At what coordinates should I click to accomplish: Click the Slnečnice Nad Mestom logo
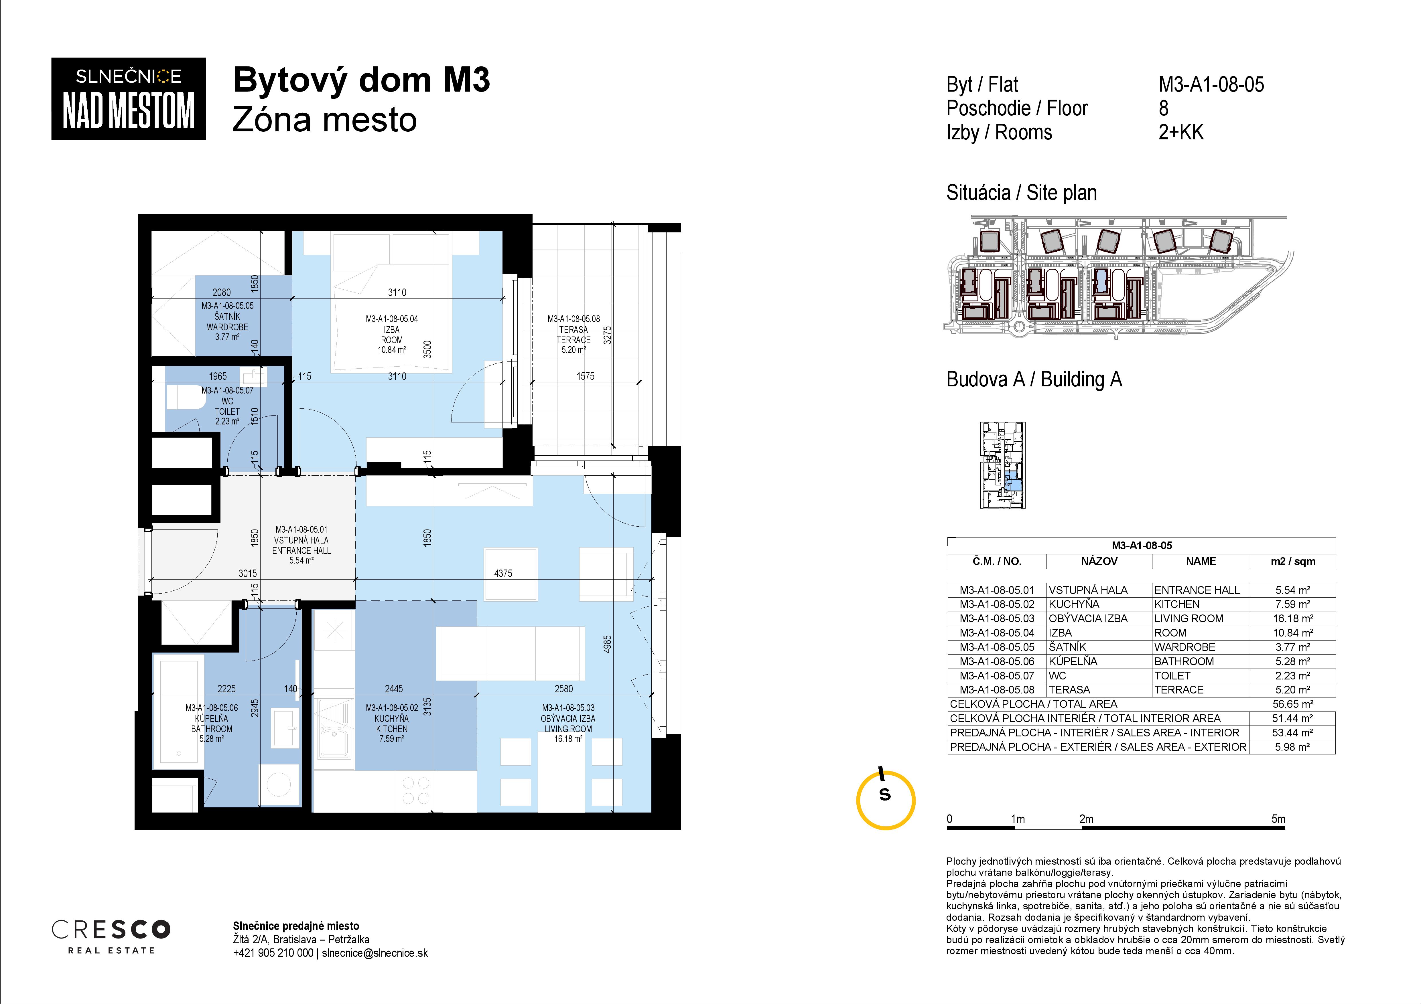128,98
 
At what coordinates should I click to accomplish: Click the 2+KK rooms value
1181,132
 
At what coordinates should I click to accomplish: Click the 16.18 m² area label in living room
568,739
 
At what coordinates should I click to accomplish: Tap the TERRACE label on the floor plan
573,340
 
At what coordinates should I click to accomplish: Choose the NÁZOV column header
1099,561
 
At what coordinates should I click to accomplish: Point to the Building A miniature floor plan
1003,465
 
